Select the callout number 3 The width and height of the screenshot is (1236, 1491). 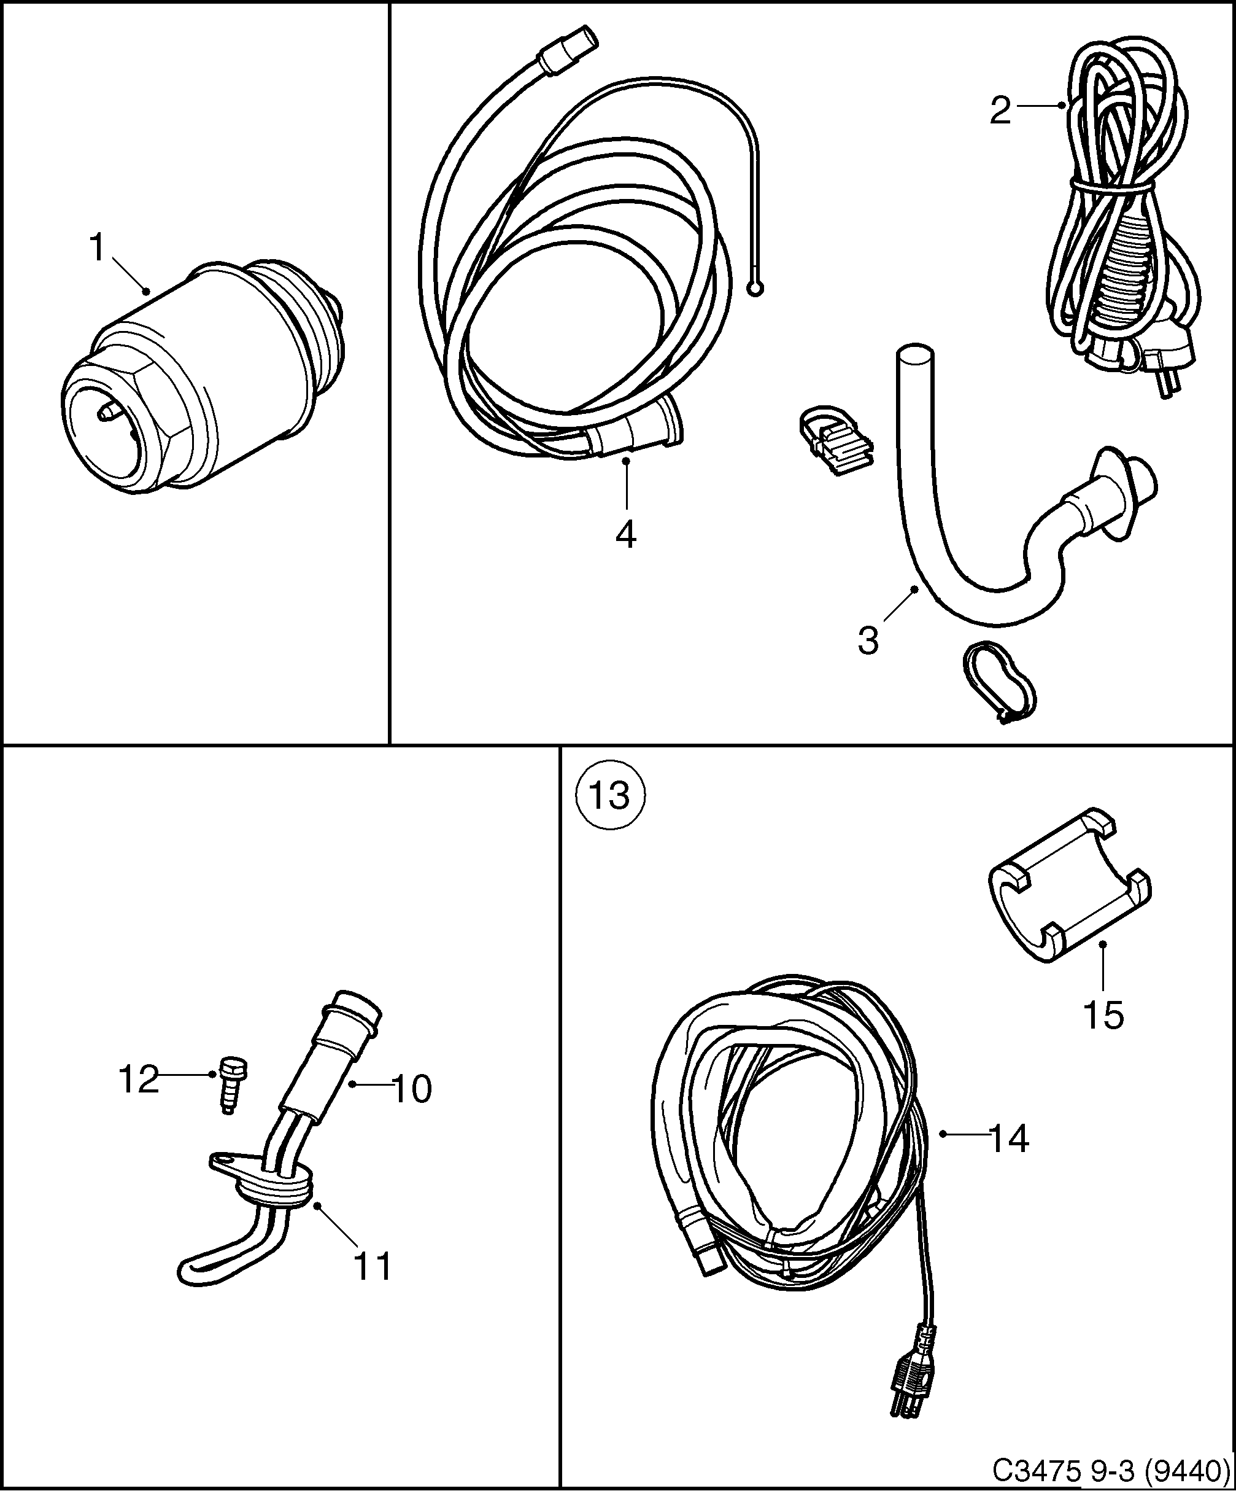pos(868,640)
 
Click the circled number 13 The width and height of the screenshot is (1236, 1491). pos(610,795)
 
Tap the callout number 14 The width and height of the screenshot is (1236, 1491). pos(1008,1140)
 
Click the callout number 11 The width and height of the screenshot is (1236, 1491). pos(372,1267)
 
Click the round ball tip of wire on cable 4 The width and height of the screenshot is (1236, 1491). pos(756,288)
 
